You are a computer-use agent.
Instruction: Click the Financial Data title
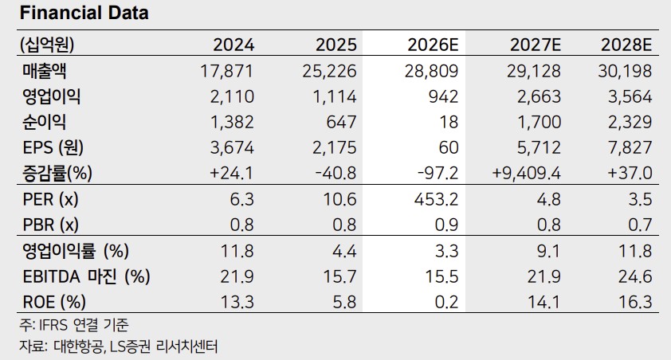(x=84, y=13)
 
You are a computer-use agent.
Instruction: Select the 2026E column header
(x=433, y=45)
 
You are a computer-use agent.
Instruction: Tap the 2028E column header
(x=626, y=45)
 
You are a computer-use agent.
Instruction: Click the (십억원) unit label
(x=47, y=45)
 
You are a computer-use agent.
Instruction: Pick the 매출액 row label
(x=45, y=71)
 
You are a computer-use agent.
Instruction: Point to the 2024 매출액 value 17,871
(x=227, y=72)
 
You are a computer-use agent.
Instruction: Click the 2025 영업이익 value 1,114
(x=335, y=97)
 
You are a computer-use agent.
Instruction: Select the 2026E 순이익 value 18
(x=449, y=123)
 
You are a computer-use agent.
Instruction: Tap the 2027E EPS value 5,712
(x=539, y=148)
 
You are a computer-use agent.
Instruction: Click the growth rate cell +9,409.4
(x=526, y=173)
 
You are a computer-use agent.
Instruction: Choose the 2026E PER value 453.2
(x=437, y=199)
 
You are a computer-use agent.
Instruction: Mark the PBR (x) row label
(x=50, y=225)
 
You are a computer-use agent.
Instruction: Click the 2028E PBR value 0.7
(x=640, y=225)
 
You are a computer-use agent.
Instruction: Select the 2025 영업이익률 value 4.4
(x=344, y=251)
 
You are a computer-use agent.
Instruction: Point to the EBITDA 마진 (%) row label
(x=86, y=276)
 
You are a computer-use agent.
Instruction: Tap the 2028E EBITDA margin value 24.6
(x=635, y=276)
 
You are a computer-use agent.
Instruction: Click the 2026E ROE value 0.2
(x=447, y=303)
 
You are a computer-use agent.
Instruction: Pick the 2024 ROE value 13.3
(x=237, y=303)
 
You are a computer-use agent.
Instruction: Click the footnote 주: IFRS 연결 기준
(x=73, y=326)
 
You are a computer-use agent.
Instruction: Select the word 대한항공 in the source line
(x=79, y=346)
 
